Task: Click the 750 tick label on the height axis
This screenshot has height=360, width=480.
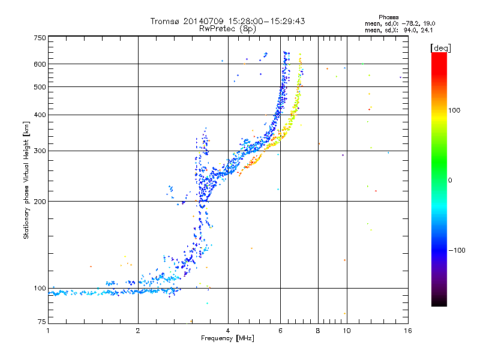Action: pos(40,38)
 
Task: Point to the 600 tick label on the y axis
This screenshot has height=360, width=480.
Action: pos(40,64)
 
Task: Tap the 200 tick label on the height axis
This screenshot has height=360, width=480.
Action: pos(40,202)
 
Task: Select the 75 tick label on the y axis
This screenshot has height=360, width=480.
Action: pos(42,322)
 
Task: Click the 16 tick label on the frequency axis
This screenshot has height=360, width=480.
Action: pos(408,331)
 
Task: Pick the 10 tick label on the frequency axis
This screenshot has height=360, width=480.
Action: pos(347,331)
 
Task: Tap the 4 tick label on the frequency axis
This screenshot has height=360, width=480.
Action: pos(228,331)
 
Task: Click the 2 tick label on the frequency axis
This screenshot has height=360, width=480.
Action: pos(138,331)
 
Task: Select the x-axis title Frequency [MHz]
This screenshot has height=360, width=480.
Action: pos(227,338)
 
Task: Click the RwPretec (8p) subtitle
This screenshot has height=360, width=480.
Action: pos(227,29)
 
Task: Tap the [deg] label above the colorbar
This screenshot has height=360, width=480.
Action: pos(440,49)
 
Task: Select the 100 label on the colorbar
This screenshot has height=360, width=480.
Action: pos(454,110)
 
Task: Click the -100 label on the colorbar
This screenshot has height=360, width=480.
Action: pos(457,250)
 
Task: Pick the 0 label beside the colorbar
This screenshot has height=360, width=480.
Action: pos(449,181)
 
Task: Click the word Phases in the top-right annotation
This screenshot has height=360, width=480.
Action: pos(388,17)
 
